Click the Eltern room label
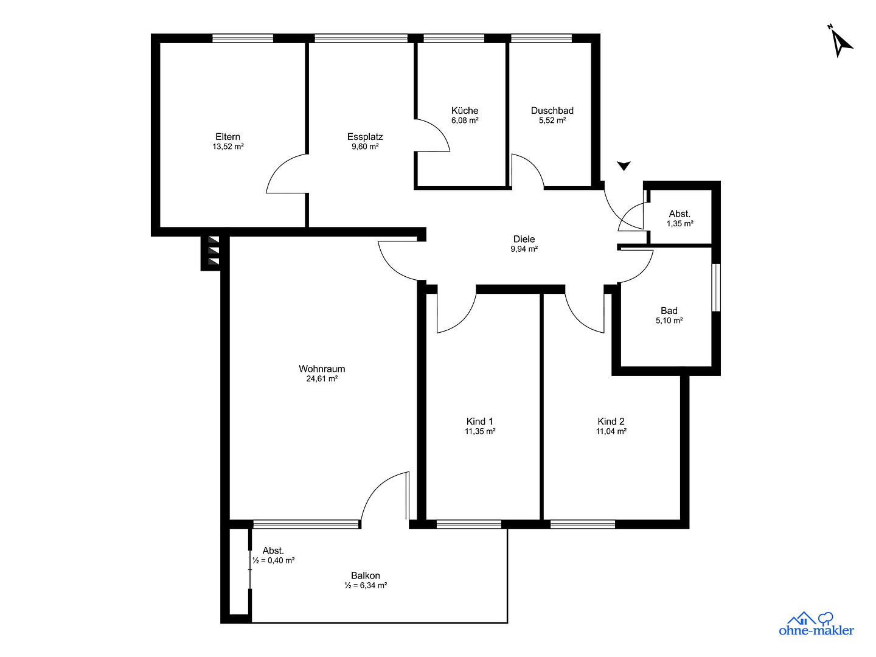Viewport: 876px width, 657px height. (228, 137)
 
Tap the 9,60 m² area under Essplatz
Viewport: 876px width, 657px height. (365, 147)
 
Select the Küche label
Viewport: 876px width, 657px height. (465, 111)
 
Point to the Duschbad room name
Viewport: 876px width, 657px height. (552, 111)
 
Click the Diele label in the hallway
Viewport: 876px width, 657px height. (524, 239)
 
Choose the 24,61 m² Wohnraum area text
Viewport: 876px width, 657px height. (322, 379)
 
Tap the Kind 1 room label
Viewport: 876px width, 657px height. (480, 421)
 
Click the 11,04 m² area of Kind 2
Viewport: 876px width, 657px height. (611, 431)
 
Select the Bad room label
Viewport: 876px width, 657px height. (669, 311)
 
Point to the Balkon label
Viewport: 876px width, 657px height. (365, 575)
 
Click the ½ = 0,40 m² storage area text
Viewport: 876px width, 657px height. (273, 560)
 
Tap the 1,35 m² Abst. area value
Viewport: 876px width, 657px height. (680, 224)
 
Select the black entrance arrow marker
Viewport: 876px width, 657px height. (624, 165)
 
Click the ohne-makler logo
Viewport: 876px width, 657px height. (816, 624)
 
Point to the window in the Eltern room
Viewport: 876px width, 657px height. (243, 38)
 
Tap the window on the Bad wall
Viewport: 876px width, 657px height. (717, 288)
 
